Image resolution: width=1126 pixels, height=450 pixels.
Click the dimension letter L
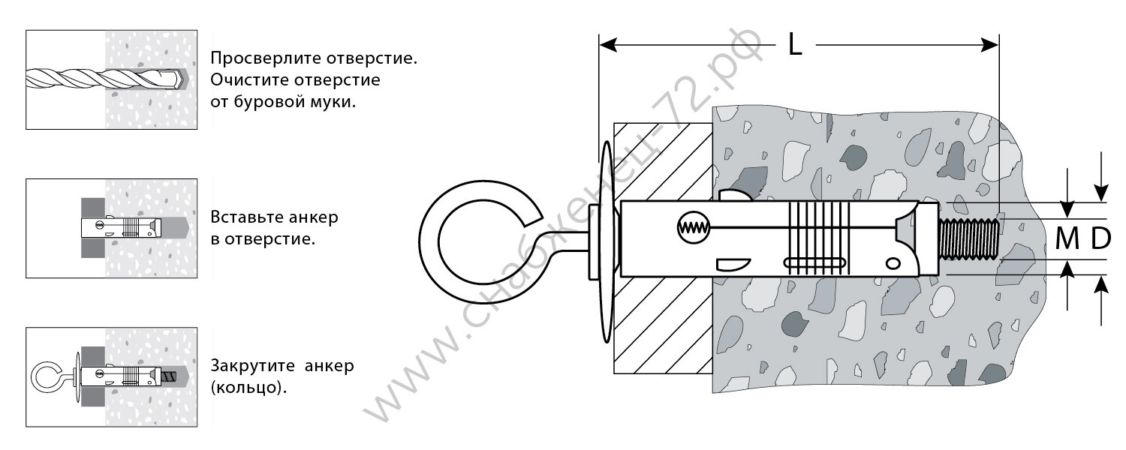pos(796,46)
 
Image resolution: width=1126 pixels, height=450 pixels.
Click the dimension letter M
pos(1067,239)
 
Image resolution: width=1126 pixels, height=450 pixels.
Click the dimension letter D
pos(1100,239)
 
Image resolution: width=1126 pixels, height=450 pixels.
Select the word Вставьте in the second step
pos(244,218)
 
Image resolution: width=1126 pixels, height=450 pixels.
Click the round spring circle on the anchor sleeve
pos(691,228)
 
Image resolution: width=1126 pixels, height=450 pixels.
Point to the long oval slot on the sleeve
pos(814,262)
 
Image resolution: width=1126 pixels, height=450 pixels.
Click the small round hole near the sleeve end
pos(893,262)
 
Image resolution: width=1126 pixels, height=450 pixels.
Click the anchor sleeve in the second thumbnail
pos(120,226)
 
